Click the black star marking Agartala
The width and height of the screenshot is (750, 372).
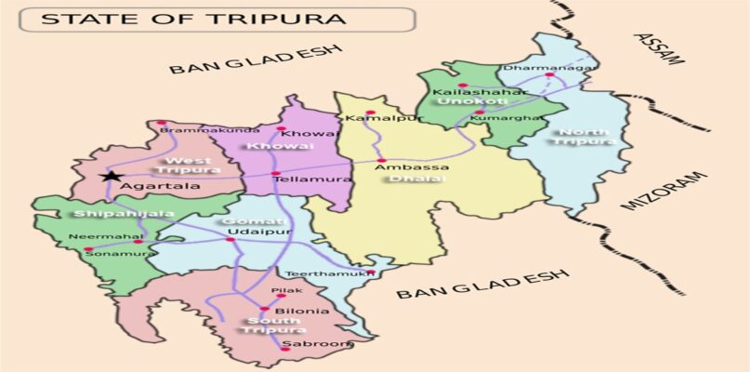(x=112, y=176)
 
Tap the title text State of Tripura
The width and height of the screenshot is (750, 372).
(x=193, y=19)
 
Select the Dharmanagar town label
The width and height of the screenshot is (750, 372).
(x=535, y=68)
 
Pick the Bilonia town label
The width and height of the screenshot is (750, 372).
(x=295, y=311)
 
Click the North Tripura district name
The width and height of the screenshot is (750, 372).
(x=583, y=137)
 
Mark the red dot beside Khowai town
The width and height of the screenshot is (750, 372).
(x=281, y=128)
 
